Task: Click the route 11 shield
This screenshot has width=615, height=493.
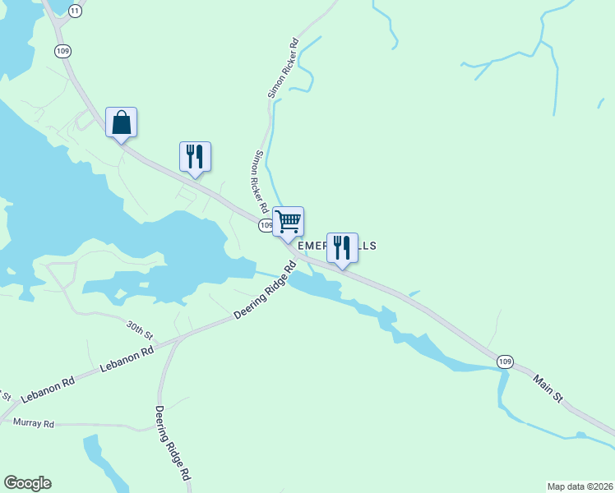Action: [x=76, y=11]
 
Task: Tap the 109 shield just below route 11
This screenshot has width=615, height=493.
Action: [x=63, y=51]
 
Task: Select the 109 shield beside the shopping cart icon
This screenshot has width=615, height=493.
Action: [x=266, y=224]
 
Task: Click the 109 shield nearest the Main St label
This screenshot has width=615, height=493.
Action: [x=506, y=361]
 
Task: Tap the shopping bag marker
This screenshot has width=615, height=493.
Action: [x=122, y=122]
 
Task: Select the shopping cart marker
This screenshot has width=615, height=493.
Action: [x=288, y=222]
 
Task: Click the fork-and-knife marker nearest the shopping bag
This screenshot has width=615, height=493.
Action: [x=195, y=156]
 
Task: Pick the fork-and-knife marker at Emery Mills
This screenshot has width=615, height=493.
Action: [x=342, y=247]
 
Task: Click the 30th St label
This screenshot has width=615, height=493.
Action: [x=140, y=330]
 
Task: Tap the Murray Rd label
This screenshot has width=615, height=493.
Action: [x=34, y=424]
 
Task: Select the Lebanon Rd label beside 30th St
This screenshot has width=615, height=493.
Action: [x=127, y=360]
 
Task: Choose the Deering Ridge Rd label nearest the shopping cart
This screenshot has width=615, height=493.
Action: [x=265, y=291]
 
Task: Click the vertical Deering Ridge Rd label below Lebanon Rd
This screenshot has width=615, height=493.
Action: [x=173, y=443]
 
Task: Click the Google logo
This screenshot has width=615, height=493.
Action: [x=27, y=483]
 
